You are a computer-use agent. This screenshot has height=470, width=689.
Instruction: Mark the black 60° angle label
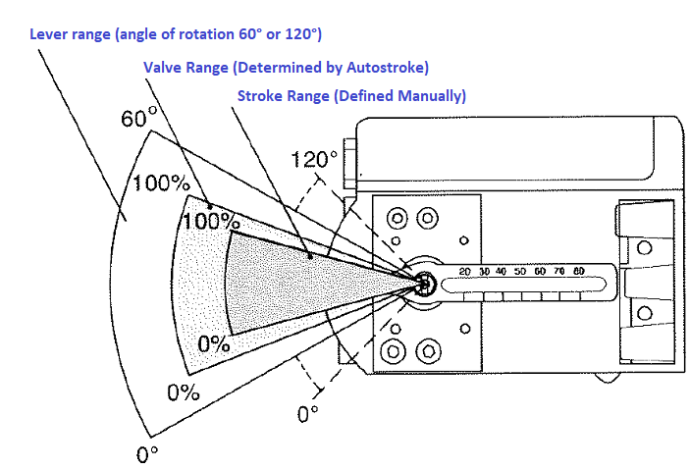(x=139, y=120)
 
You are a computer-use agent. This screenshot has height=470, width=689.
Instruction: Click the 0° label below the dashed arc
(x=308, y=413)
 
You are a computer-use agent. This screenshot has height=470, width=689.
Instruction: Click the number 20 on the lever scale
(x=465, y=272)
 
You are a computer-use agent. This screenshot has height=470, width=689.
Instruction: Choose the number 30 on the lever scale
(x=483, y=272)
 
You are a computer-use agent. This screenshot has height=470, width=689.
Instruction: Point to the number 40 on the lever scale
(x=502, y=272)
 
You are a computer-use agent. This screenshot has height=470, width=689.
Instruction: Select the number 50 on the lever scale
(x=520, y=272)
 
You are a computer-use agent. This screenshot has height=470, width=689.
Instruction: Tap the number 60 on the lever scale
(x=539, y=272)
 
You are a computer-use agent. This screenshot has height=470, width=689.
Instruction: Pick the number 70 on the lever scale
(x=558, y=272)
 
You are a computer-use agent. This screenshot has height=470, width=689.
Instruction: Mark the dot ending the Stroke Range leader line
(x=311, y=257)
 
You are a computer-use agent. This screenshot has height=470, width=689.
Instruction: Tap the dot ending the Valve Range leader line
(x=209, y=206)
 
